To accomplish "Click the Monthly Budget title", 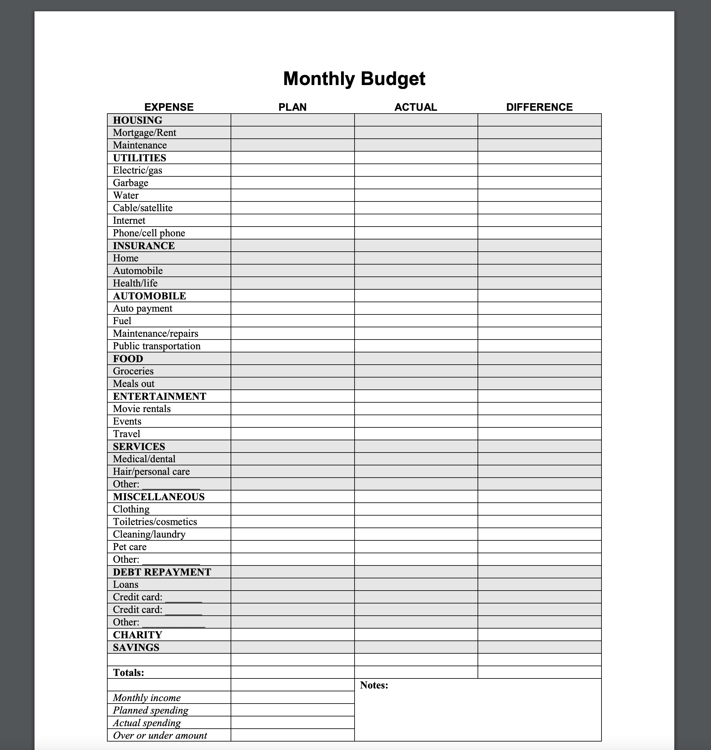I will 354,79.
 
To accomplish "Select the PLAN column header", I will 292,107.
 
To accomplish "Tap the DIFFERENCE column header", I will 539,107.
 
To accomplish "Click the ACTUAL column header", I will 415,107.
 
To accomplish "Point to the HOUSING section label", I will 137,120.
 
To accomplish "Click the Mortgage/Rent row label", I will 144,133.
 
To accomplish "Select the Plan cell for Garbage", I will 292,183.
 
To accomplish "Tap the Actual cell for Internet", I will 416,220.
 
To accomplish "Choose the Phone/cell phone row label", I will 149,233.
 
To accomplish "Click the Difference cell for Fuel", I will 539,321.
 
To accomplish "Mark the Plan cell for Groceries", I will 292,371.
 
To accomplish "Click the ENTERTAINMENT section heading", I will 160,396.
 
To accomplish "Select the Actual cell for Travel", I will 416,434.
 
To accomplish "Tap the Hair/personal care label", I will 151,471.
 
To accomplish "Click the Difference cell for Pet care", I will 539,546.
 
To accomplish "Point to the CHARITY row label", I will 137,635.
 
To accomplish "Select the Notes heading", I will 374,685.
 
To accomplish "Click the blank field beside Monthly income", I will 292,697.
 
